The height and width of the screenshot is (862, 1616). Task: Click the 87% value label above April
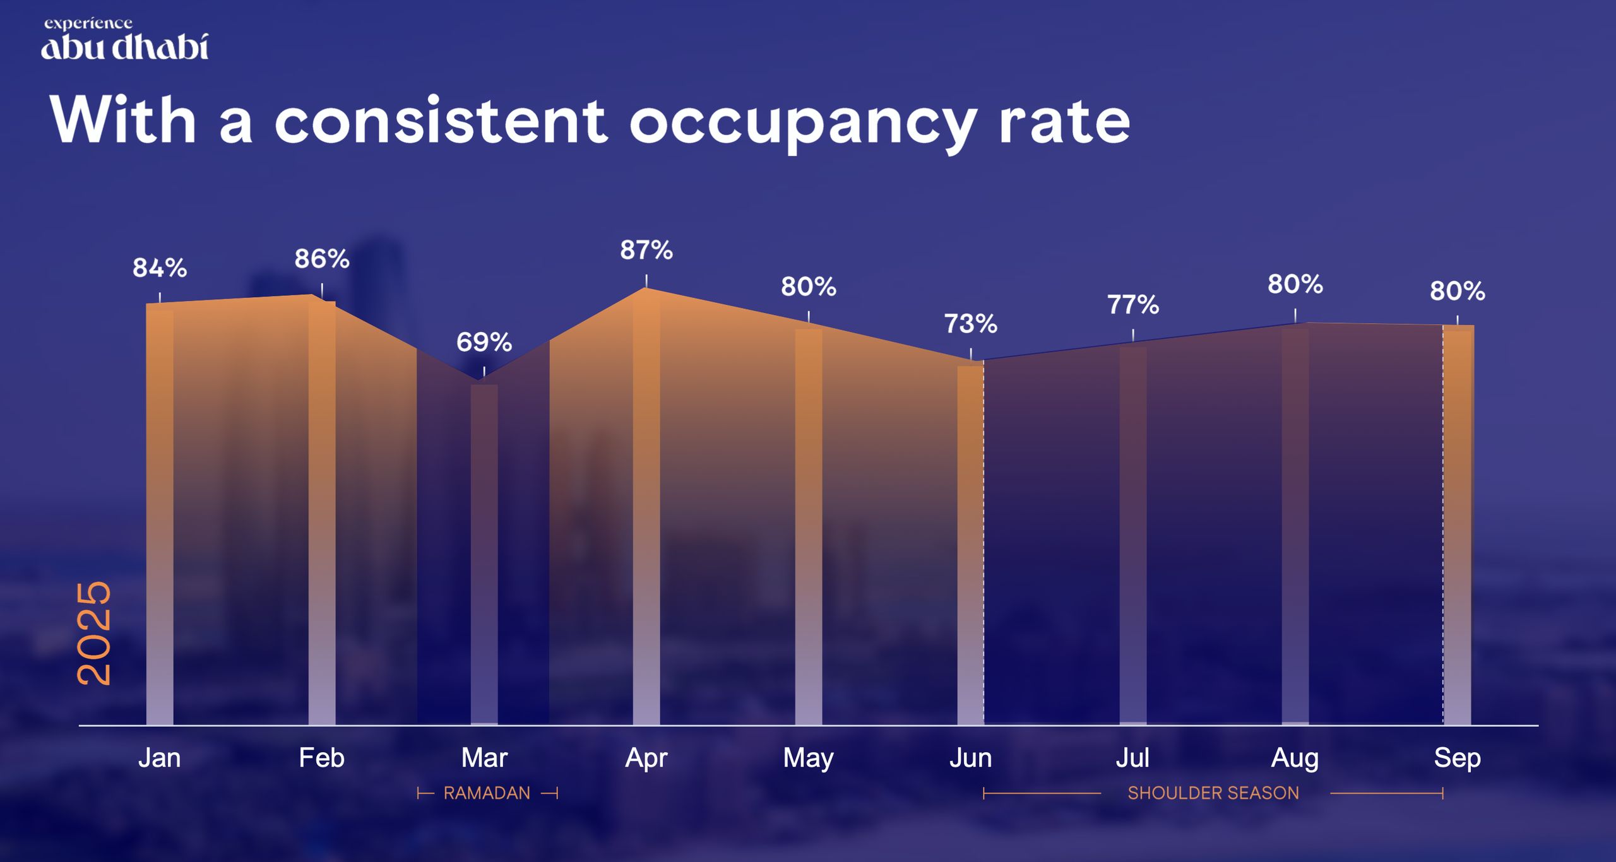point(646,251)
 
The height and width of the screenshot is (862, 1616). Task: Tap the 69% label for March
point(484,343)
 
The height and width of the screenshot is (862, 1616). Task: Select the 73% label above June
point(971,324)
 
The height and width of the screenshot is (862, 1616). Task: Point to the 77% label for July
point(1133,305)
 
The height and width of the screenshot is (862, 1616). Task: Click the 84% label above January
point(160,268)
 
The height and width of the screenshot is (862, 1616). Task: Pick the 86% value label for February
point(322,259)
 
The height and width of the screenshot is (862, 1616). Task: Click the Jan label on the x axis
point(160,758)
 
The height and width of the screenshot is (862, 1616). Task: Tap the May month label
point(809,758)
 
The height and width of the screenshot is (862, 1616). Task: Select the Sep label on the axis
point(1457,758)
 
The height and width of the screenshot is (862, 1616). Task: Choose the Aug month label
point(1295,758)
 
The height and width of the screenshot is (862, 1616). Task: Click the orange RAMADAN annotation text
point(487,793)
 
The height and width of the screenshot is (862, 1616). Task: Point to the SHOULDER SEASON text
point(1213,793)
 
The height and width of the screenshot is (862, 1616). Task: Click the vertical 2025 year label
point(94,633)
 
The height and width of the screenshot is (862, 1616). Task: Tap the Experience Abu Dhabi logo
point(125,40)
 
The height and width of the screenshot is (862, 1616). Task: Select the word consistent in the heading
point(441,121)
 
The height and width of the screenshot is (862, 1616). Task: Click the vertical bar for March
point(484,555)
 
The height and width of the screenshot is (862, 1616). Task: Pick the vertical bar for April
point(646,511)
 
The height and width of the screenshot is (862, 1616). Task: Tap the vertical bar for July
point(1133,536)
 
